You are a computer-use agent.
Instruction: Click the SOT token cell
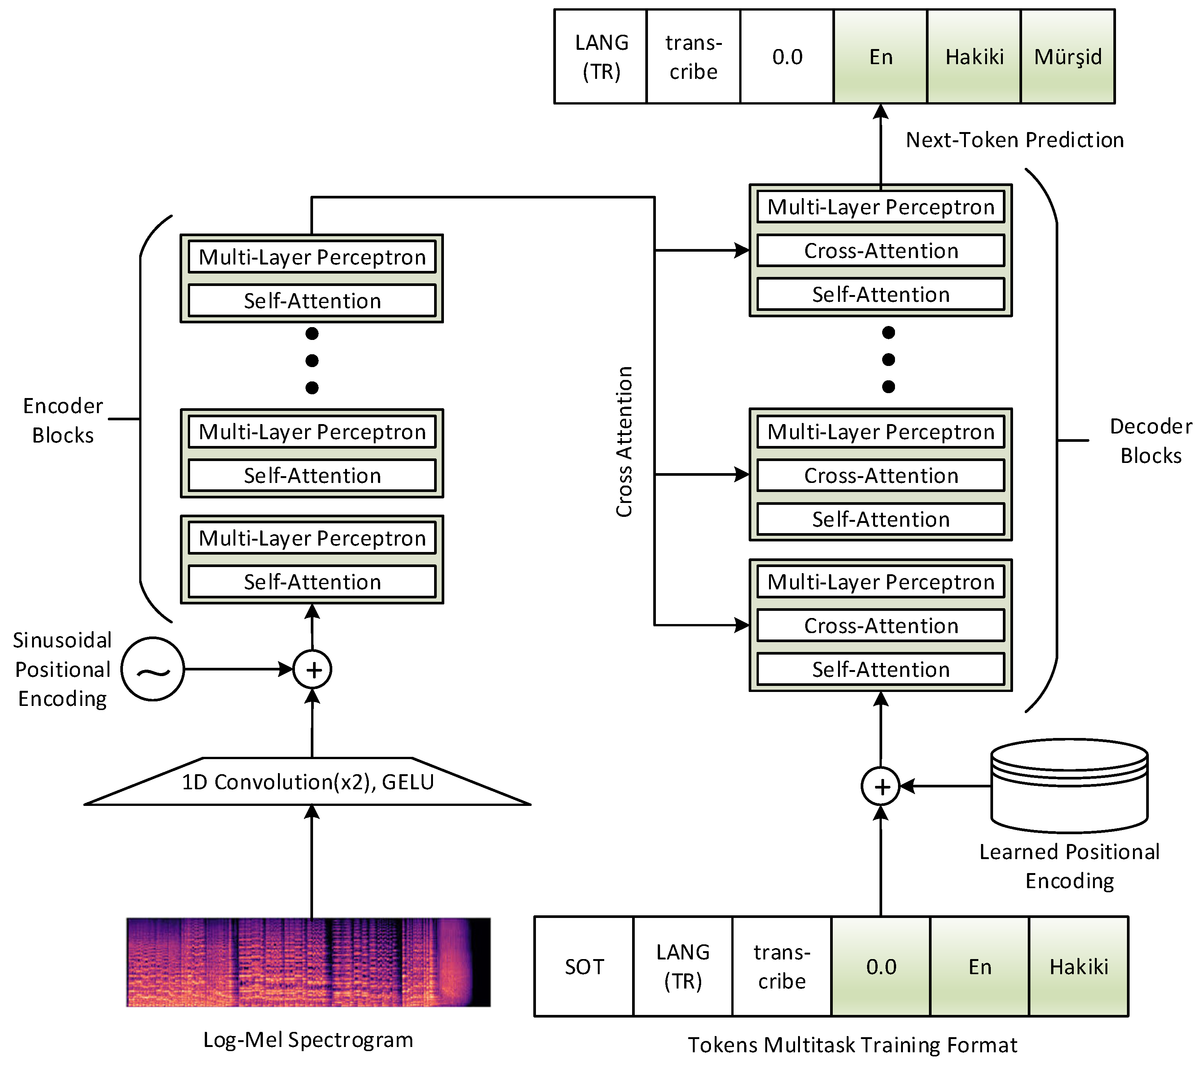click(x=583, y=967)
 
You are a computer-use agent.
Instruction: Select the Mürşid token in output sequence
click(x=1067, y=57)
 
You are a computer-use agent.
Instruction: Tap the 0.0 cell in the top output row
click(x=787, y=57)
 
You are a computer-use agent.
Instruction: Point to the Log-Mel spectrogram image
click(x=308, y=962)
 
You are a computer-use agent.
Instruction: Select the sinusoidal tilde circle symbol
click(x=153, y=669)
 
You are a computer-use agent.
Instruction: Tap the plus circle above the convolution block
click(x=312, y=669)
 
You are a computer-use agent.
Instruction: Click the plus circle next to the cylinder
click(x=880, y=787)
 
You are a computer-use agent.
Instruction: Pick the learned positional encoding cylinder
click(x=1069, y=787)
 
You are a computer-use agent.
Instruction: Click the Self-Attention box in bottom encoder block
click(x=312, y=582)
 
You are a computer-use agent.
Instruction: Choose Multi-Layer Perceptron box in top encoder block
click(x=312, y=257)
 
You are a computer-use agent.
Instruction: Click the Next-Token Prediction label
click(x=1015, y=140)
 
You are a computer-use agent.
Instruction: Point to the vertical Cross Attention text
click(x=624, y=441)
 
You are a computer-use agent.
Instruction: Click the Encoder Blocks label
click(x=63, y=420)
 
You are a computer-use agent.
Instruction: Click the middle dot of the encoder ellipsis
click(x=312, y=360)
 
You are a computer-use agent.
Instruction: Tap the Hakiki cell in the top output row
click(x=974, y=57)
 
